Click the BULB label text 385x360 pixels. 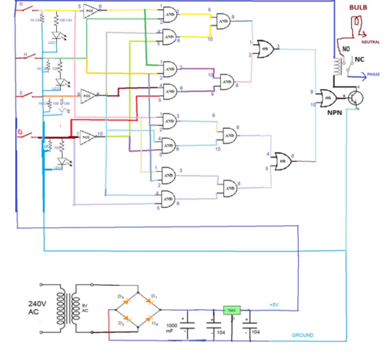[x=359, y=6]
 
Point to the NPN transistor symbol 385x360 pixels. [x=357, y=98]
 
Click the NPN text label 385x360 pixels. [x=334, y=113]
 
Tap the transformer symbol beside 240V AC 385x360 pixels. [x=75, y=311]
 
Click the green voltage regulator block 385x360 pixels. [x=231, y=310]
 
